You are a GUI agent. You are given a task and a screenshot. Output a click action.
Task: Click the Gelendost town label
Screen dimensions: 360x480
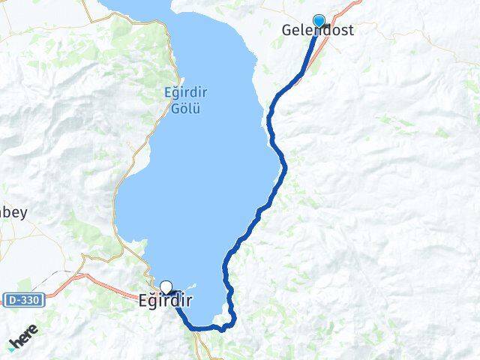[x=317, y=31]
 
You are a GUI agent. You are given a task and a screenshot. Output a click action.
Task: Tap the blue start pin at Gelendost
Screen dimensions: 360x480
[x=319, y=21]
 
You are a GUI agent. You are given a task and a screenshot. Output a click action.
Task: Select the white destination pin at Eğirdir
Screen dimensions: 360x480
[x=166, y=286]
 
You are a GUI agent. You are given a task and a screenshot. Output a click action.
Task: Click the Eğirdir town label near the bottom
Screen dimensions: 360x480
[x=166, y=302]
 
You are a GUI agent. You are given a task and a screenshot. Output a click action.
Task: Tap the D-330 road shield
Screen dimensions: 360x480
[x=24, y=300]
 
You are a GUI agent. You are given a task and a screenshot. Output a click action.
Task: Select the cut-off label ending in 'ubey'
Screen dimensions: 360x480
[x=13, y=212]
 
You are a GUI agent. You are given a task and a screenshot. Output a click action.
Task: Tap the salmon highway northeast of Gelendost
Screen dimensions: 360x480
[x=346, y=9]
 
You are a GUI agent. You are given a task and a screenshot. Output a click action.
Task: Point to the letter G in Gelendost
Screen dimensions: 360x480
[x=286, y=31]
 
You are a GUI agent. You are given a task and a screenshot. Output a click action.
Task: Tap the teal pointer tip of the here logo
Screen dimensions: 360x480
[x=10, y=349]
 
